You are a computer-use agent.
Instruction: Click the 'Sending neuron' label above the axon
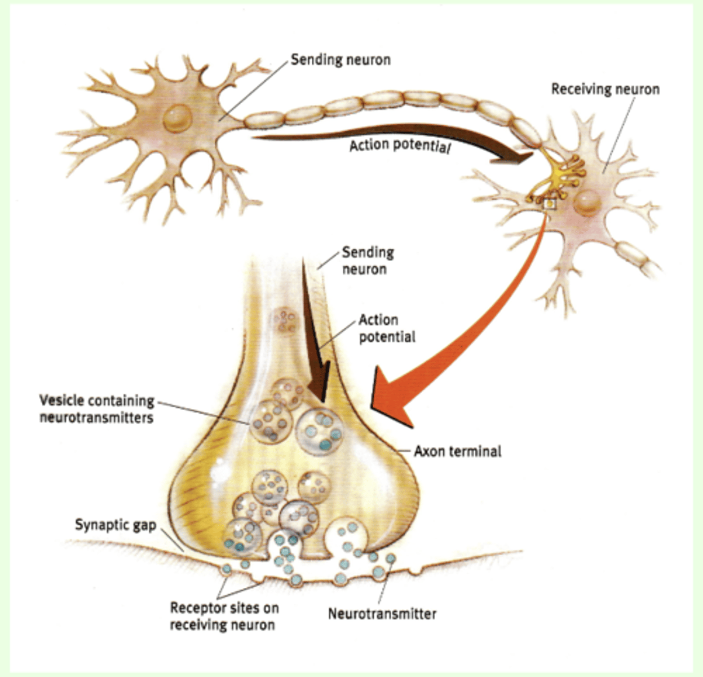[x=340, y=60]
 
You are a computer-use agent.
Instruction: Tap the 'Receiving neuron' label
[x=605, y=89]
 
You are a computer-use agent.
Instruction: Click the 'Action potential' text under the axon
[x=400, y=146]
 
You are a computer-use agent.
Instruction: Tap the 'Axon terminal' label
[x=457, y=451]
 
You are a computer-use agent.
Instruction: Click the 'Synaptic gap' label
[x=115, y=525]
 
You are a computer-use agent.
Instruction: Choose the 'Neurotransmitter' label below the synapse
[x=382, y=613]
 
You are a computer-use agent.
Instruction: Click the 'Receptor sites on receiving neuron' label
[x=224, y=616]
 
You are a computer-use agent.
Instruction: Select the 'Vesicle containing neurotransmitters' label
[x=96, y=409]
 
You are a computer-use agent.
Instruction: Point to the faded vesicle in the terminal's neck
[x=285, y=322]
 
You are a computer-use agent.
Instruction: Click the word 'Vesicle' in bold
[x=61, y=401]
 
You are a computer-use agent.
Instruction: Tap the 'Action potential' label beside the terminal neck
[x=387, y=328]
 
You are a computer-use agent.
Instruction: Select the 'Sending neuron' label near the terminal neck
[x=367, y=261]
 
